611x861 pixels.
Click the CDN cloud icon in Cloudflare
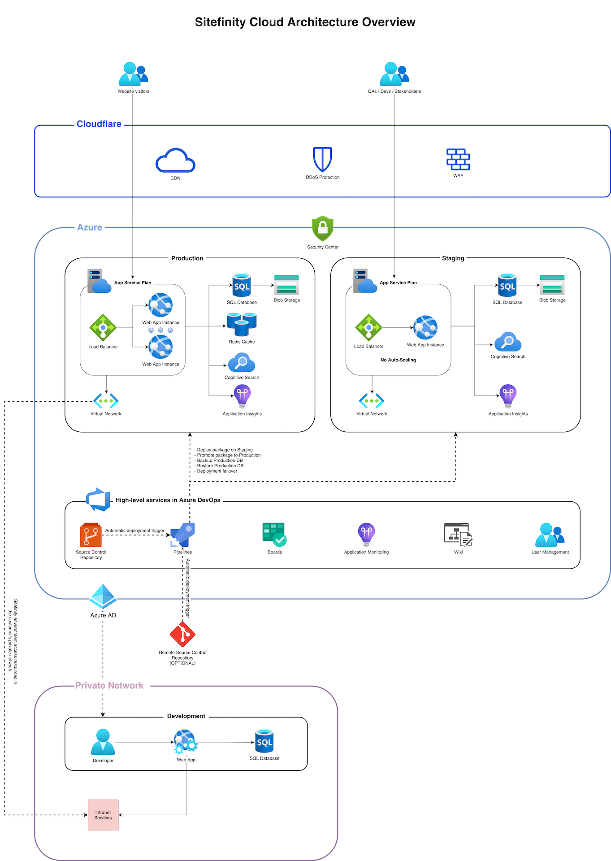coord(175,161)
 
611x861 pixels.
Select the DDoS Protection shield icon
coord(322,159)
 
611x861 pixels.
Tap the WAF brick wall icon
coord(458,159)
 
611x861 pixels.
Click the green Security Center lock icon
coord(323,229)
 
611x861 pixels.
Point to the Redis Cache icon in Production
coord(242,325)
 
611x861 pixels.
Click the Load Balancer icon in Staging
coord(368,328)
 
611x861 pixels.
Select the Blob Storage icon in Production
coord(286,285)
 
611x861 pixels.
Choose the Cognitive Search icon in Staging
coord(508,342)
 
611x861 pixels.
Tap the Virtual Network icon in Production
coord(106,400)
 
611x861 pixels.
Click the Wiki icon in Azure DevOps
coord(458,534)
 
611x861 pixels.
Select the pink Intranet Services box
coord(103,815)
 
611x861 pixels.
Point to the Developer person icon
coord(103,742)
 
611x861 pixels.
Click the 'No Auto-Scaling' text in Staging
coord(398,360)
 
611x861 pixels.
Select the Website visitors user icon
coord(133,74)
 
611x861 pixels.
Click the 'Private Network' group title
coord(109,686)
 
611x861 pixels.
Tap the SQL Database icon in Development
coord(264,741)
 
